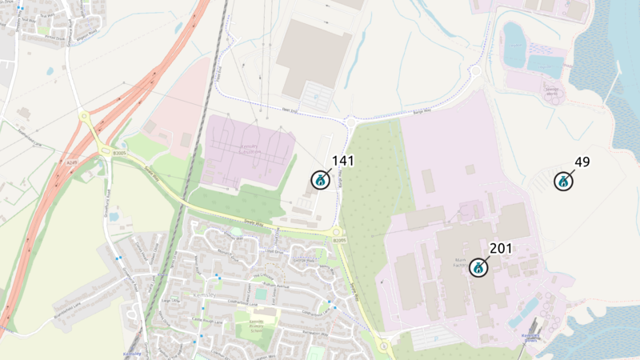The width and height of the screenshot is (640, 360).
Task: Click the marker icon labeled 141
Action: (x=320, y=179)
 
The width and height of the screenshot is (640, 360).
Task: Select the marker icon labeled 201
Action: (x=479, y=268)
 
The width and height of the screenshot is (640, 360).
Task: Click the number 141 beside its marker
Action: (x=342, y=161)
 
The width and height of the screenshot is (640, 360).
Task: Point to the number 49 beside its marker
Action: (x=582, y=162)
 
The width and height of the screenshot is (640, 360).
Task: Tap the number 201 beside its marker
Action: (x=501, y=249)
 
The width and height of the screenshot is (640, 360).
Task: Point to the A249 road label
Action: (x=71, y=163)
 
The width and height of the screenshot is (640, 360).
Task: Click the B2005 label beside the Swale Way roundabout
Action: (x=340, y=240)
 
